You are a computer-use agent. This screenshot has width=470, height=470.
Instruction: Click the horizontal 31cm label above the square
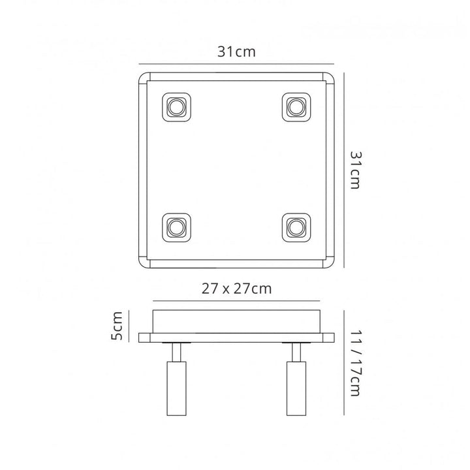[x=236, y=54]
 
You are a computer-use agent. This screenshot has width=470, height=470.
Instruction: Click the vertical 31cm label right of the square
[x=355, y=170]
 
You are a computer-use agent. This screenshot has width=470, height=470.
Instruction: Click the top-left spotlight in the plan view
[x=176, y=106]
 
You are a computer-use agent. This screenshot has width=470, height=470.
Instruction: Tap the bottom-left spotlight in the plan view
[x=176, y=227]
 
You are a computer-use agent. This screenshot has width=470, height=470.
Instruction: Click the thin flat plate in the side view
[x=236, y=337]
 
